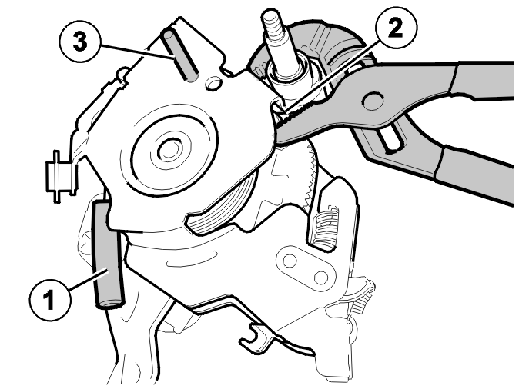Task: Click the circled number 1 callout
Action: (x=50, y=300)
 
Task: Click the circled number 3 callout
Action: (x=80, y=42)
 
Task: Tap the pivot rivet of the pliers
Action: (x=373, y=100)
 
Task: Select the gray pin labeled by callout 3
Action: (x=179, y=55)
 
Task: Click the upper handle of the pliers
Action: (x=484, y=81)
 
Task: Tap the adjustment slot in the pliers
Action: (x=393, y=141)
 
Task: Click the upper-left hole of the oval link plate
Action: (x=290, y=261)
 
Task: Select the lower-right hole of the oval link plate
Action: (x=321, y=277)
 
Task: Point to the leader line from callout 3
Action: (x=137, y=51)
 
